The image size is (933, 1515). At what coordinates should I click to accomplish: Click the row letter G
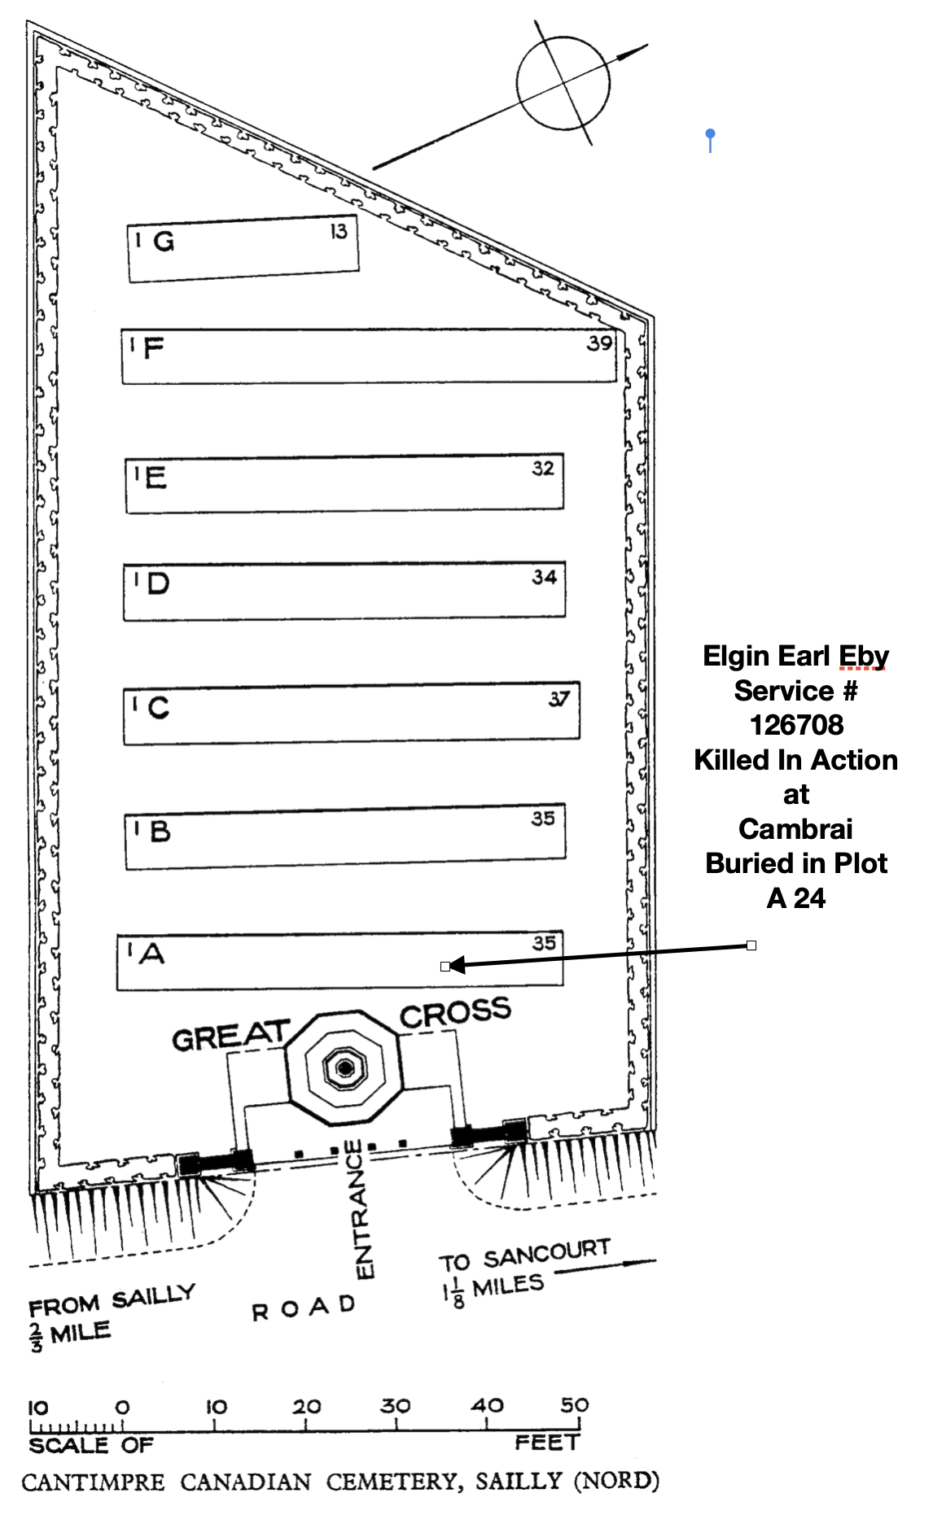pos(164,242)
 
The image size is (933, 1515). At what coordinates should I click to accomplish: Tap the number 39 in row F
pos(599,343)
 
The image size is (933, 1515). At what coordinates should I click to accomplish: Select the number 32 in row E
pos(543,469)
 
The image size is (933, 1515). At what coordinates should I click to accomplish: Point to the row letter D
pos(157,583)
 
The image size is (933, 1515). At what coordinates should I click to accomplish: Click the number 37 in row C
pos(558,699)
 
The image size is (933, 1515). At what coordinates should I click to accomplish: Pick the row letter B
pos(160,831)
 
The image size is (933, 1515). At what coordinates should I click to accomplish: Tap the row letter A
pos(152,953)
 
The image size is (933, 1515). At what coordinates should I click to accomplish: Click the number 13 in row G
pos(339,232)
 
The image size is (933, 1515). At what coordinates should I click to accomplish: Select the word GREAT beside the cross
pos(230,1036)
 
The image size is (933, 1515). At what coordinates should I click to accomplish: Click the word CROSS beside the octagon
pos(455,1013)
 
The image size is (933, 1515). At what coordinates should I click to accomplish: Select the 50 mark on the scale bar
pos(574,1405)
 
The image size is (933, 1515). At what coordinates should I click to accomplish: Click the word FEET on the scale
pos(546,1443)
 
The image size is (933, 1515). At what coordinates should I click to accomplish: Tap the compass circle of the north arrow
pos(563,83)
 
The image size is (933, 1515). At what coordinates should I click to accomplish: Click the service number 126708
pos(796,725)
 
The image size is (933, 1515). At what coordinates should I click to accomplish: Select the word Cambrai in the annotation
pos(795,829)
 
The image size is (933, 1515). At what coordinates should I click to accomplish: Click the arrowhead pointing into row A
pos(456,965)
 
